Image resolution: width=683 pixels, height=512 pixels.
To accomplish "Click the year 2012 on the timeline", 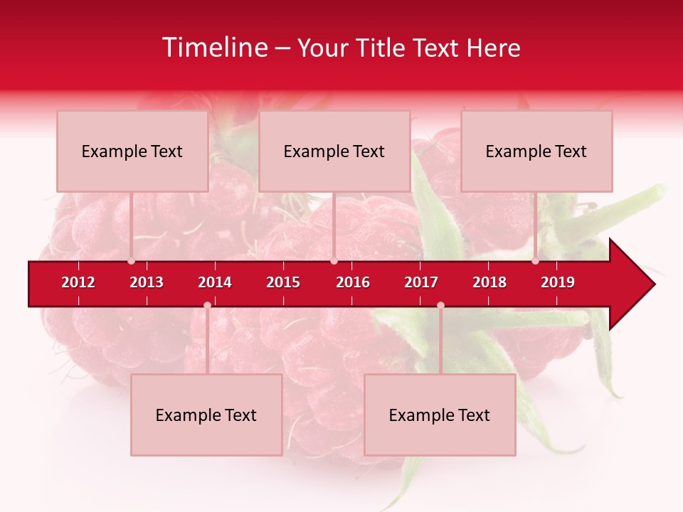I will [x=78, y=282].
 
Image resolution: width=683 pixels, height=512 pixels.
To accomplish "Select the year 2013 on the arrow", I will [x=147, y=282].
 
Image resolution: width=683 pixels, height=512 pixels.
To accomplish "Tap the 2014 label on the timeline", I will [x=215, y=282].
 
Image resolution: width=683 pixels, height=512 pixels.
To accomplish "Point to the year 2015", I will [x=283, y=282].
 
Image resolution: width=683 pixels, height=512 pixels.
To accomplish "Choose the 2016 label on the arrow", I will [x=353, y=282].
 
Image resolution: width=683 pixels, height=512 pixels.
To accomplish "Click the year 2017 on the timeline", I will [x=421, y=282].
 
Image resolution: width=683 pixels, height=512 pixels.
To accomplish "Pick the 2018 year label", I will [x=489, y=282].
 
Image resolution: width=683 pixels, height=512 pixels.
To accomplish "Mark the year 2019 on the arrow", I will [x=558, y=282].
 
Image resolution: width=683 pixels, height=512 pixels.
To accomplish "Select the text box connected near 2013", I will [x=132, y=151].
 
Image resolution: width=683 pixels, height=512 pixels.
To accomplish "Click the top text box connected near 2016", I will [x=334, y=151].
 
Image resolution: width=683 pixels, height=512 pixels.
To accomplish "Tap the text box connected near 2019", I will [x=536, y=151].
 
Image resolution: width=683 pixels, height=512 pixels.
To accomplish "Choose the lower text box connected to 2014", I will [x=206, y=415].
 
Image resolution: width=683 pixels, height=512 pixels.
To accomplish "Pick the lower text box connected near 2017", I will [x=440, y=415].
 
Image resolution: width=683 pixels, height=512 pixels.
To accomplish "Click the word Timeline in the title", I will [x=213, y=48].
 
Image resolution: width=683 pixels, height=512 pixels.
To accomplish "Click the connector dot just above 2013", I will [x=131, y=261].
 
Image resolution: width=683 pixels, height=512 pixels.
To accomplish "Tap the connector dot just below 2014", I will [x=207, y=305].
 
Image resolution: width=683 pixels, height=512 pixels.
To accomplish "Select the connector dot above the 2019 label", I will [x=535, y=261].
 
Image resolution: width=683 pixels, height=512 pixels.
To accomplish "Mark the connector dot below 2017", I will [x=440, y=305].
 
